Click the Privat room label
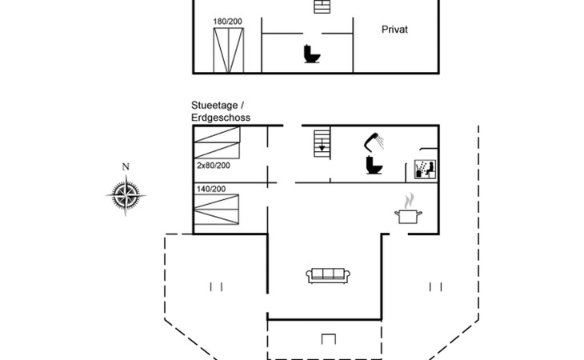tap(394, 29)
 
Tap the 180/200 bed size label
tap(228, 22)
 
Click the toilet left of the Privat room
tap(311, 54)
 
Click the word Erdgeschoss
tap(221, 118)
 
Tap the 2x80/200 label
tap(213, 166)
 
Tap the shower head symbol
tap(374, 141)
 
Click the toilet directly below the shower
tap(372, 166)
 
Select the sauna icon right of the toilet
tap(423, 169)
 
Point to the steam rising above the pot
tap(410, 198)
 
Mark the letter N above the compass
tap(125, 166)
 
